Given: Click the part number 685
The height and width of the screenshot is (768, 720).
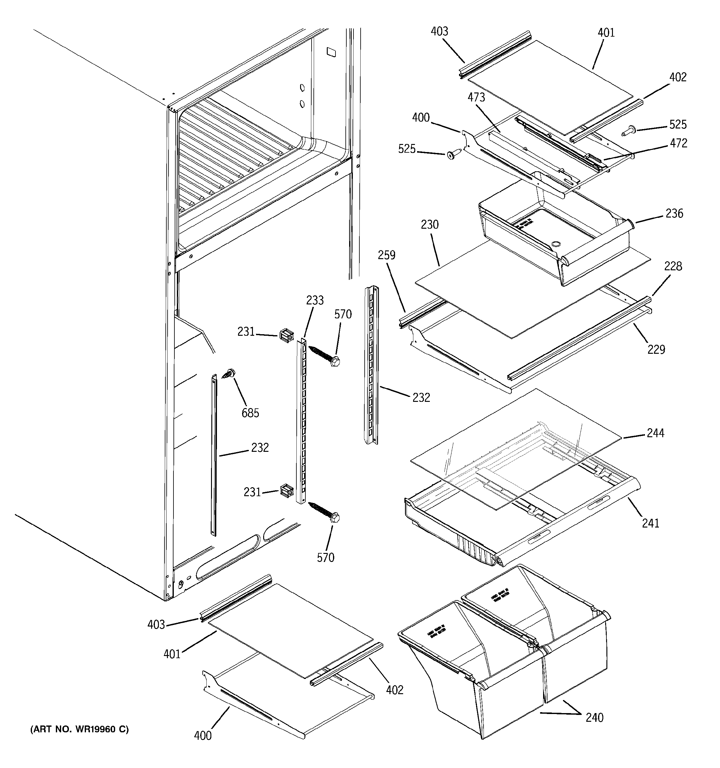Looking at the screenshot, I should coord(250,413).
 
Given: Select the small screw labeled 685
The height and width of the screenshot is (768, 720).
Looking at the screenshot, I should coord(229,373).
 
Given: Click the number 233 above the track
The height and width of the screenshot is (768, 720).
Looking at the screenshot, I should coord(315,300).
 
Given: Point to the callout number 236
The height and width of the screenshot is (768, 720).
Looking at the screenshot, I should coord(674,213).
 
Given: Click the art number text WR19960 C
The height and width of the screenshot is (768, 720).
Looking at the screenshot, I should coord(79,730).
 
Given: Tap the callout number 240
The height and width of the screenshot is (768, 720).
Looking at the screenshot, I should coord(594,717).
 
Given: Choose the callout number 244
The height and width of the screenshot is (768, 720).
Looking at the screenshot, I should coord(655,433).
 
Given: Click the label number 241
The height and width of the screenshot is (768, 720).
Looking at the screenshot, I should coord(650,523).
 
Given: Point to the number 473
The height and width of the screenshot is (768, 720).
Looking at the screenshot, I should coord(476,97).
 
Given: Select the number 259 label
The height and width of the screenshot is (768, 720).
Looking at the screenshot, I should coord(386,255).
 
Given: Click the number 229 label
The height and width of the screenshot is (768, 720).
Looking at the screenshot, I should coord(656,350).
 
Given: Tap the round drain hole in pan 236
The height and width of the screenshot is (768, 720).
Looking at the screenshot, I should coord(556,244).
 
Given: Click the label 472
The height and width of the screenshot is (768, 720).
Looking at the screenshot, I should coord(679,143).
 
